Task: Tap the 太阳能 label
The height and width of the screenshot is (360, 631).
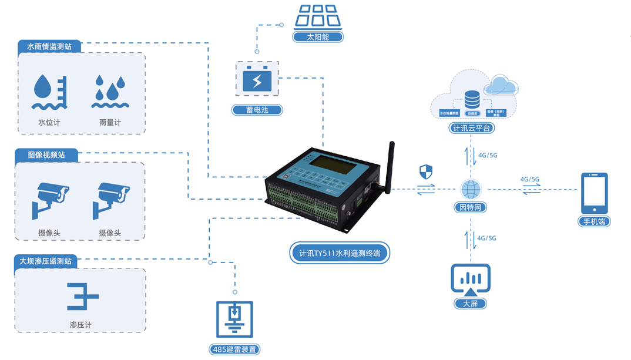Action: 318,37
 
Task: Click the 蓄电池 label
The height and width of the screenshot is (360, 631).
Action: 257,110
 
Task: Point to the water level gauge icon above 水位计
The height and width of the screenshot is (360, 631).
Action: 50,92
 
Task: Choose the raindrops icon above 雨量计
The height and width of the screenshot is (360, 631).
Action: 110,92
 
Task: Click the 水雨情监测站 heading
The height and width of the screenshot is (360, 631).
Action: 49,46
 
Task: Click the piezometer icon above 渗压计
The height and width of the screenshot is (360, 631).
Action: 80,297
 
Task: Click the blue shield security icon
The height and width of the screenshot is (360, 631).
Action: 426,171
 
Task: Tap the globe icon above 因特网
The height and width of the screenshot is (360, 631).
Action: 471,189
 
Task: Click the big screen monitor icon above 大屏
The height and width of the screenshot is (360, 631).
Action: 471,280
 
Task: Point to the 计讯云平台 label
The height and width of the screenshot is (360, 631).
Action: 471,127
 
